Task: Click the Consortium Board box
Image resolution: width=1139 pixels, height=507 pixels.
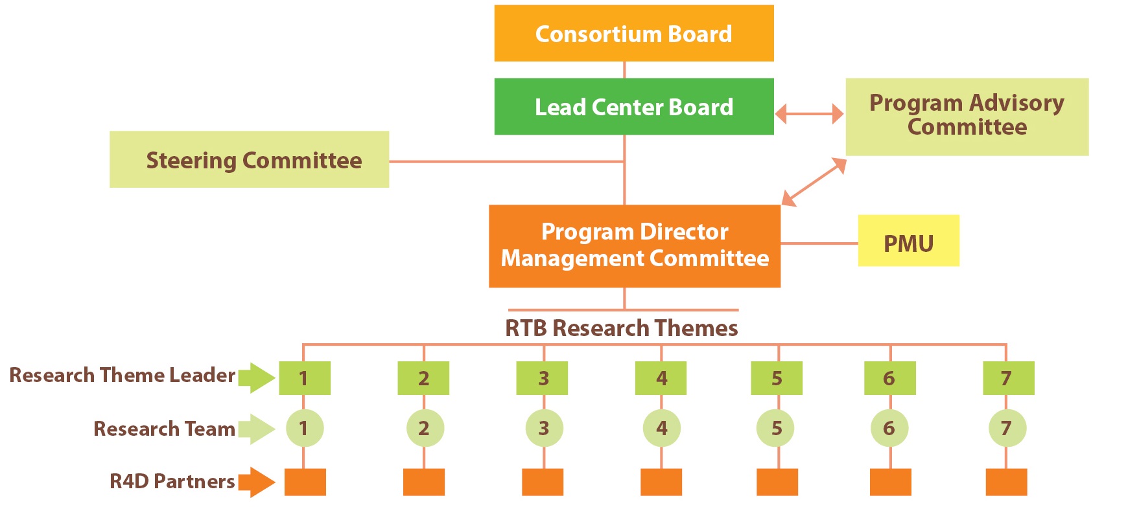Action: [x=633, y=34]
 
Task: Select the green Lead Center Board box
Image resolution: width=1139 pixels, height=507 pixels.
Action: [x=633, y=107]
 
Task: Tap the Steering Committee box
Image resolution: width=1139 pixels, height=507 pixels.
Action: [x=249, y=160]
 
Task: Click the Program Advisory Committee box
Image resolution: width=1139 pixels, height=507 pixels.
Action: [x=966, y=117]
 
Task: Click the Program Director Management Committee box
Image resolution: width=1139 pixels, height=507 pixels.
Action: [x=634, y=246]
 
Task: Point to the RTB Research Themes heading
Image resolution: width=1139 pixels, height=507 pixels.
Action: [x=621, y=328]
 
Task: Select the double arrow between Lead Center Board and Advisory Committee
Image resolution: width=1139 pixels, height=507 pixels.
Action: [x=809, y=114]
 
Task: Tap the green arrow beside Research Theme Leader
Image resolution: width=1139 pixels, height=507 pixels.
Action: [x=257, y=377]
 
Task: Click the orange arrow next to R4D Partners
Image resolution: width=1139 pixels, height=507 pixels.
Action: [x=257, y=482]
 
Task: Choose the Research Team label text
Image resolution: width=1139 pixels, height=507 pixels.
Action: [x=164, y=429]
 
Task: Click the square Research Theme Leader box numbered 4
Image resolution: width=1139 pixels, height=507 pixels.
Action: [x=661, y=378]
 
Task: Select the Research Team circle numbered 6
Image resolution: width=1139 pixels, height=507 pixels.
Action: [x=889, y=428]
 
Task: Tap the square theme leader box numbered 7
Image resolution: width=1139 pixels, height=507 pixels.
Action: [x=1008, y=378]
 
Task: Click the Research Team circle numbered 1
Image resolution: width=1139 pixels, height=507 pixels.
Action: [x=304, y=428]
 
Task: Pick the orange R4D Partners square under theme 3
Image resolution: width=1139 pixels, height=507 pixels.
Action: [x=543, y=482]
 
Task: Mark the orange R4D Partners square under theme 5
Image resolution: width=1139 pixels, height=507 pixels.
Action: [x=777, y=482]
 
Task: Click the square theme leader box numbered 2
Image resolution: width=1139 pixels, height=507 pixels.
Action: [x=423, y=378]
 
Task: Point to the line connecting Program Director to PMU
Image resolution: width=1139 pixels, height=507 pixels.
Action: [x=819, y=243]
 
